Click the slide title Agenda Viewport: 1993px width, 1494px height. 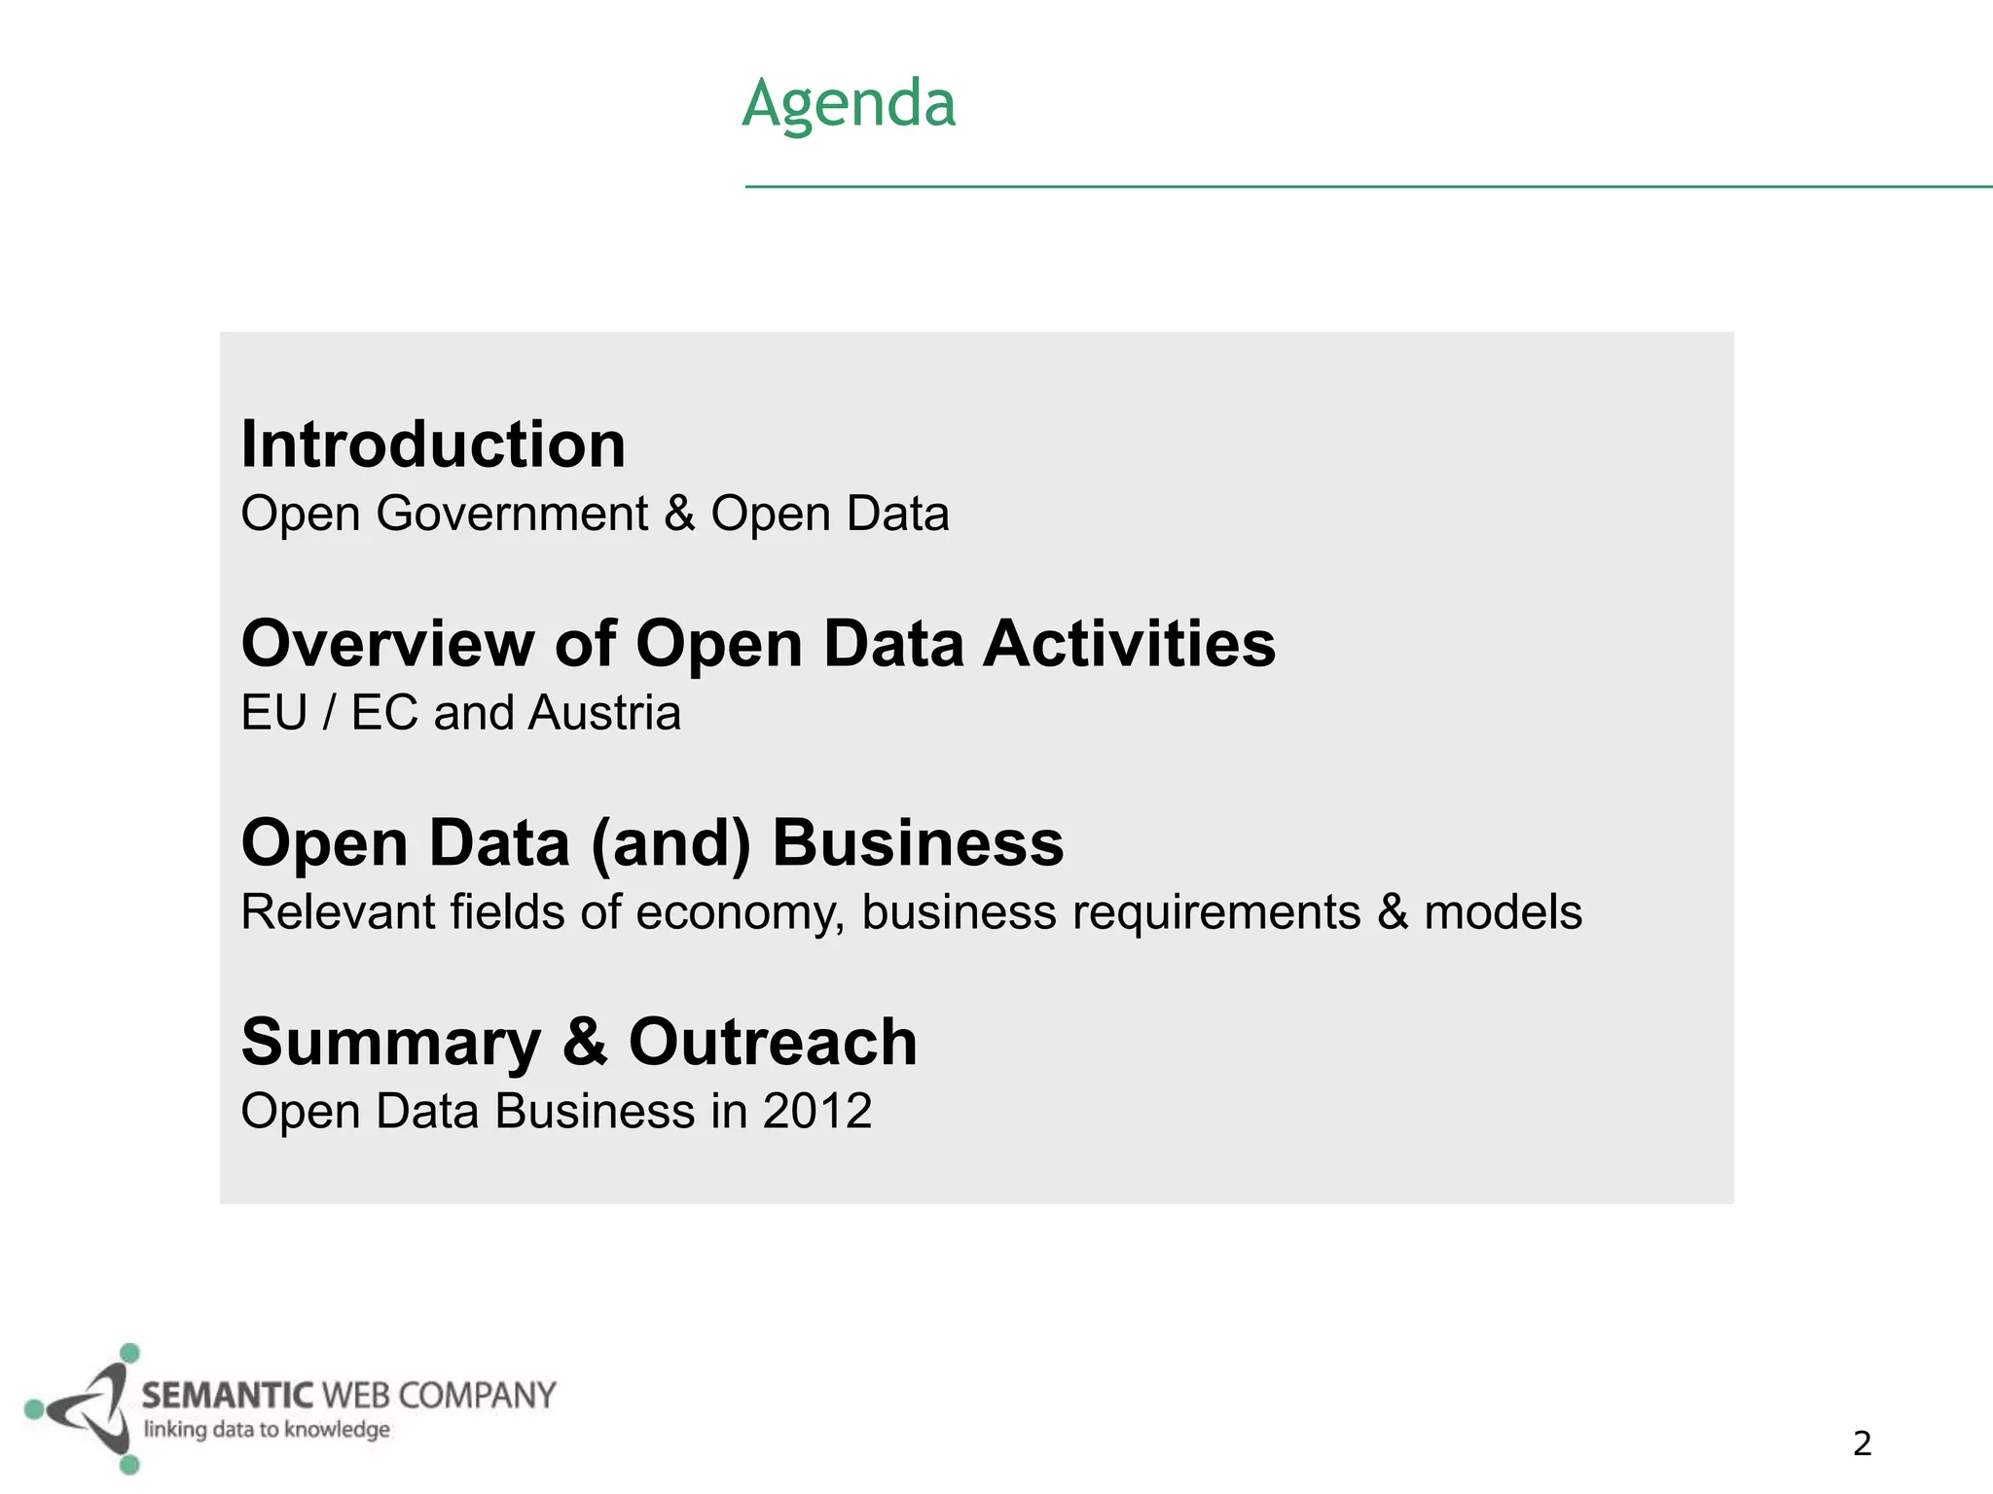[x=849, y=103]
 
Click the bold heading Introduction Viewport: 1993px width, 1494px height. [x=433, y=445]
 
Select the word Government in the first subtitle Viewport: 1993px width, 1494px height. [x=512, y=514]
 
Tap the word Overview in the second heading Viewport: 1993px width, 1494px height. [x=387, y=644]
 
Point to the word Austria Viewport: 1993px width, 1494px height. [x=605, y=713]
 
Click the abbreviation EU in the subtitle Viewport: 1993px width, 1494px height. [x=273, y=713]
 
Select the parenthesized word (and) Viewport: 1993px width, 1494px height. [x=670, y=843]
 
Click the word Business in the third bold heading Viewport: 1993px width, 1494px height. [x=918, y=843]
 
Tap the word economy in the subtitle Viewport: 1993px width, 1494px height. [x=740, y=913]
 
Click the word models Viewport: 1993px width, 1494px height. [x=1503, y=912]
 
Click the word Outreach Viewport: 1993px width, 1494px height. [x=773, y=1042]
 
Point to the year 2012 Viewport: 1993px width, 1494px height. [x=816, y=1111]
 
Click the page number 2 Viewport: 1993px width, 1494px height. [x=1862, y=1443]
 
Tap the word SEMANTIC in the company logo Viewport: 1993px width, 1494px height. [x=228, y=1396]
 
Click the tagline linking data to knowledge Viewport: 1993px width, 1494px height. [x=267, y=1430]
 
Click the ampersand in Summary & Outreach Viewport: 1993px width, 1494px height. [x=584, y=1042]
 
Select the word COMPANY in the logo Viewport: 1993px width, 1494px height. [x=477, y=1396]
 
